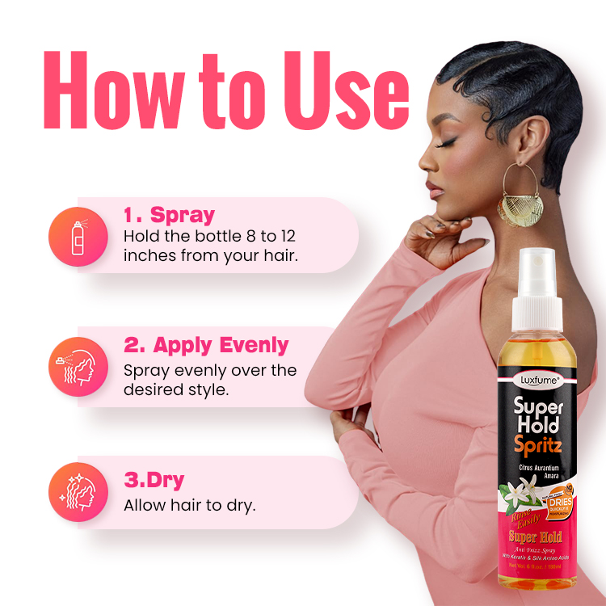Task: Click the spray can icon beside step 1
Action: tap(78, 235)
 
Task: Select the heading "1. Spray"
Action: tap(169, 215)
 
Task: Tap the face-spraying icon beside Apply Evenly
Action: tap(78, 365)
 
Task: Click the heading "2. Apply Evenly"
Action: tap(206, 345)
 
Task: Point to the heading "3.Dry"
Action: tap(154, 480)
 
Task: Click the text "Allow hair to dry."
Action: tap(189, 506)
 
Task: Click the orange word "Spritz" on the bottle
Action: tap(539, 445)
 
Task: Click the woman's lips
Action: tap(434, 188)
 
